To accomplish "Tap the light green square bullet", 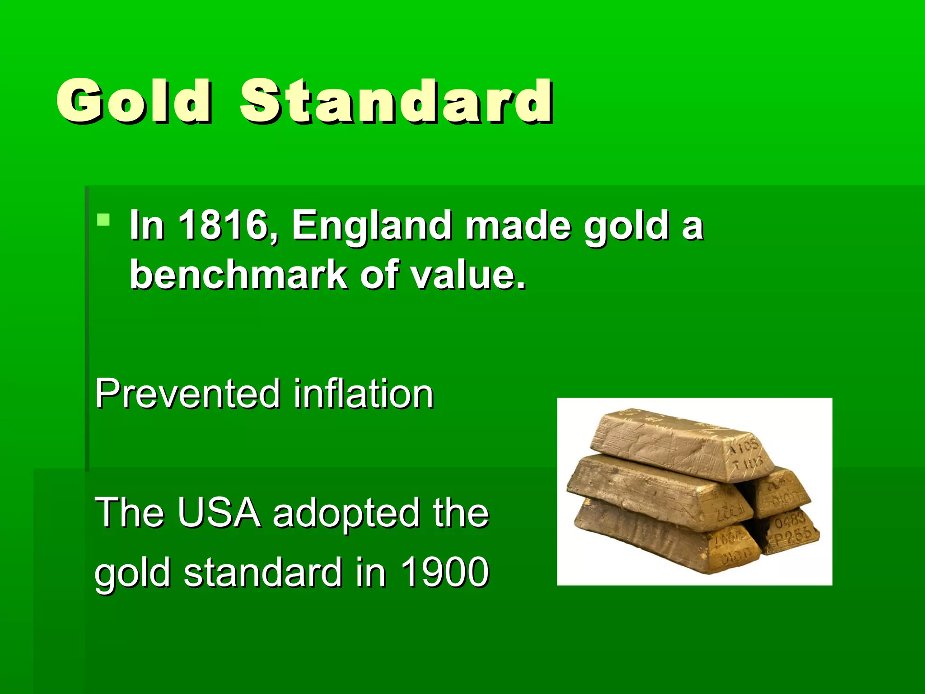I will tap(103, 220).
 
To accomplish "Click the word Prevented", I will tap(187, 394).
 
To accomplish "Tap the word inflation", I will tap(364, 394).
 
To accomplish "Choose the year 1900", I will tap(444, 572).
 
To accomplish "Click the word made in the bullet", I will tap(518, 225).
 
